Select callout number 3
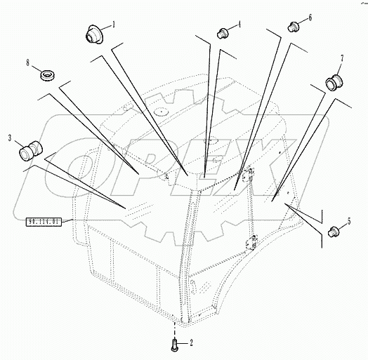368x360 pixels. click(10, 138)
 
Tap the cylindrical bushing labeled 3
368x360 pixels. click(32, 149)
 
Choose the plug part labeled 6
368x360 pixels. click(294, 27)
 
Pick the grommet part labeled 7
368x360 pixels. click(333, 83)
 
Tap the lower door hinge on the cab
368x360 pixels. click(247, 245)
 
